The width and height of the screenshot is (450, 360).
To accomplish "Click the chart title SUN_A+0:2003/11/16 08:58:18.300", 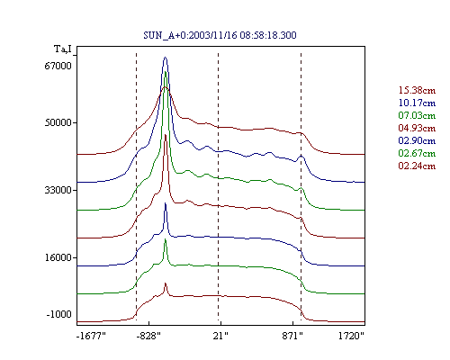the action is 220,35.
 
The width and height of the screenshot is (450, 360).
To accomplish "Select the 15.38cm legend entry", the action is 417,90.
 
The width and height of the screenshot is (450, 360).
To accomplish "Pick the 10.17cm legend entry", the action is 417,103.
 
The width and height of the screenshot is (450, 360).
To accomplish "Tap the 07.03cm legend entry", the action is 417,115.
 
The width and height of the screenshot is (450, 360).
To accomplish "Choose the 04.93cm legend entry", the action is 417,128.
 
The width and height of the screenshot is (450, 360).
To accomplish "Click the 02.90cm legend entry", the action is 417,140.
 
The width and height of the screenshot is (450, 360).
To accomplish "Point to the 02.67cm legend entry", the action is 417,153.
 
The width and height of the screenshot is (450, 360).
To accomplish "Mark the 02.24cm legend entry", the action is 417,166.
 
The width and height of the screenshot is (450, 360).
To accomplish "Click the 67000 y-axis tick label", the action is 58,66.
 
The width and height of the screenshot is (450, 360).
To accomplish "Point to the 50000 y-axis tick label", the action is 58,122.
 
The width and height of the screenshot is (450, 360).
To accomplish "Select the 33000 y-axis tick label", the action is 58,190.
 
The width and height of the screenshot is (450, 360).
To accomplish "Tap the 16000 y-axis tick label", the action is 58,257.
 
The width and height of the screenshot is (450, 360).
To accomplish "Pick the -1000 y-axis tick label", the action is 58,314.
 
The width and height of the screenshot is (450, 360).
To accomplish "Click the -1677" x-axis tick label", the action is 91,336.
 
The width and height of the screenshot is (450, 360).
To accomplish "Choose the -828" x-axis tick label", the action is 148,336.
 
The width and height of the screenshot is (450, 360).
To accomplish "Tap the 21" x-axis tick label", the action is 220,336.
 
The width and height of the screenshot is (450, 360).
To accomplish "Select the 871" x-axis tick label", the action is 292,336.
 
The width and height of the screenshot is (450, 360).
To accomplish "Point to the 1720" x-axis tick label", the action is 351,336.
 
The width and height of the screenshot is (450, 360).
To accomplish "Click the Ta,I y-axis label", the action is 63,49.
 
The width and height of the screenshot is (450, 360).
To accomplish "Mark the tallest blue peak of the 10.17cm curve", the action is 165,58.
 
